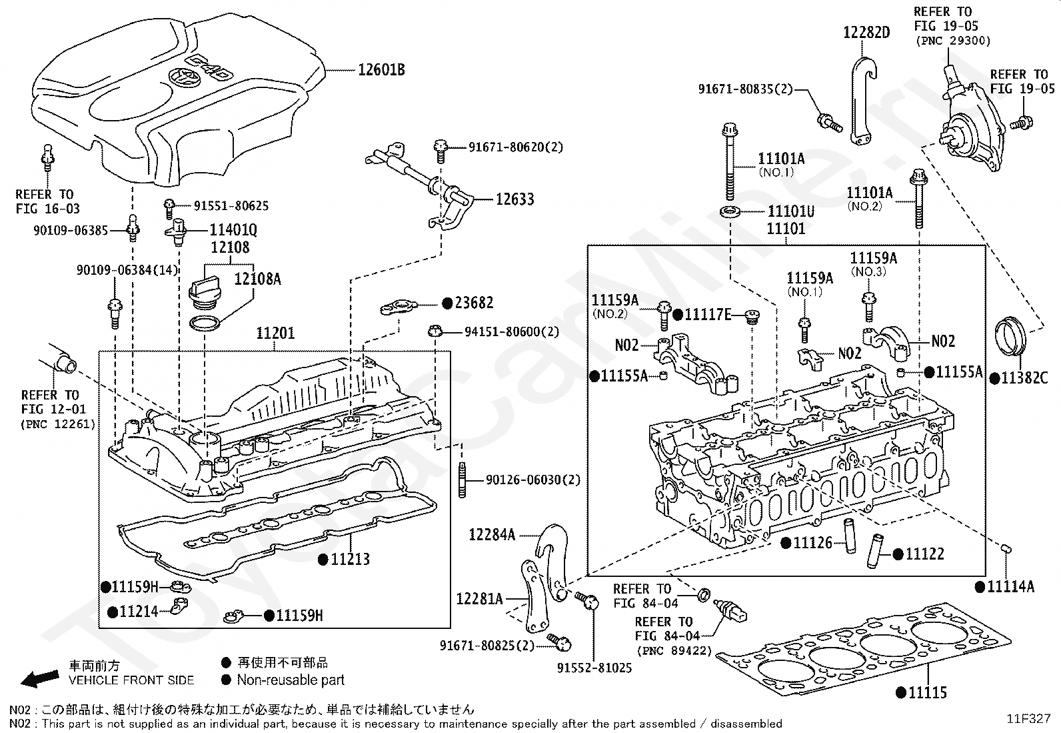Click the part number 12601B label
[x=381, y=69]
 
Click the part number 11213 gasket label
[x=350, y=559]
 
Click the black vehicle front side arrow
[x=39, y=679]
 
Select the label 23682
[x=474, y=303]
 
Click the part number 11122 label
[x=924, y=554]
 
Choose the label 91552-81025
[x=594, y=668]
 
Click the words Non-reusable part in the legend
[x=291, y=680]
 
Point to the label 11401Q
[x=233, y=230]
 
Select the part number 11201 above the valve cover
[x=275, y=333]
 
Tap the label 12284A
[x=492, y=534]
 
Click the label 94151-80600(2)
[x=511, y=331]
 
